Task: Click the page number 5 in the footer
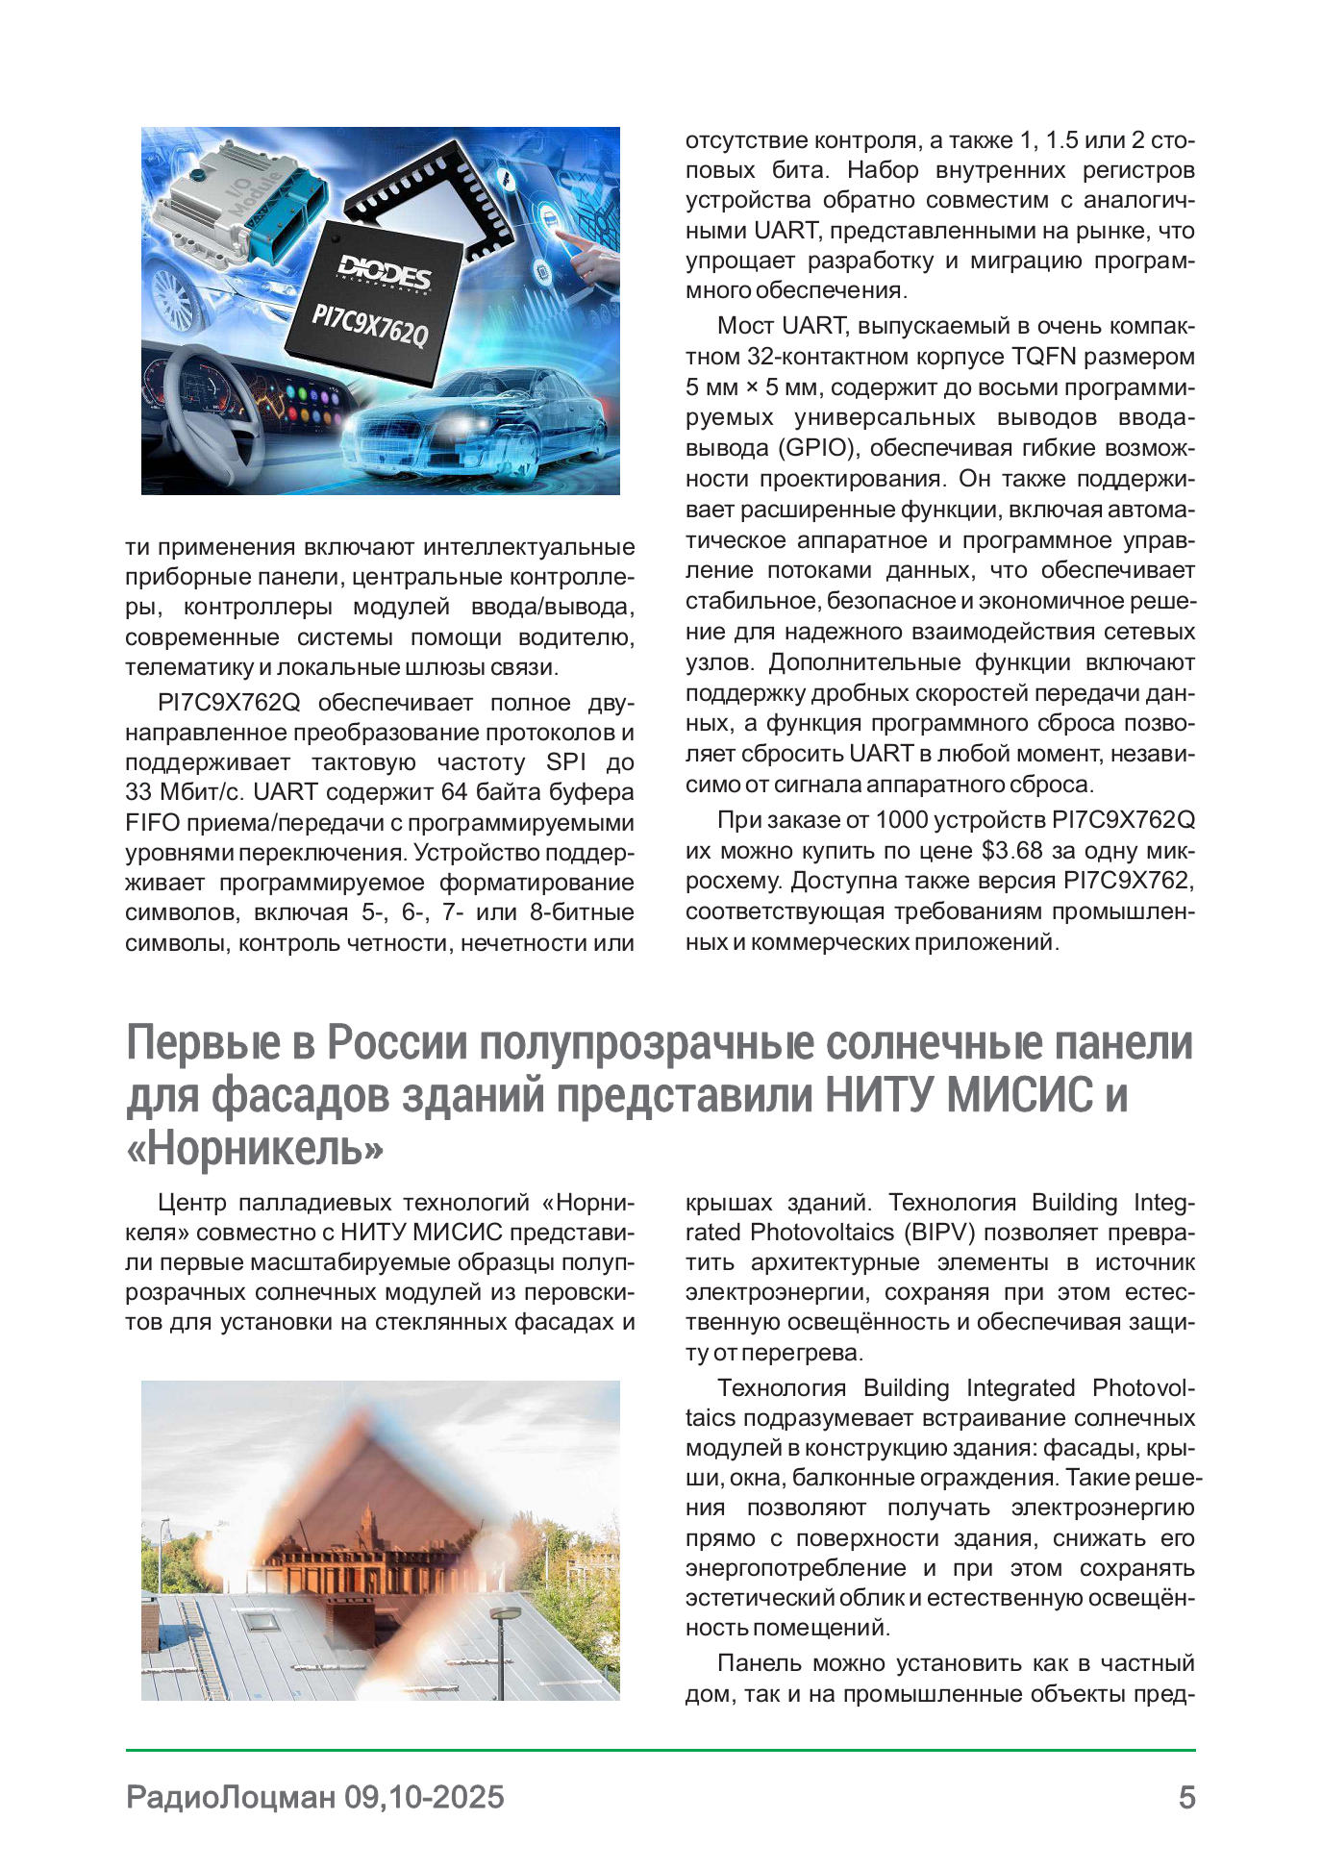pyautogui.click(x=1186, y=1797)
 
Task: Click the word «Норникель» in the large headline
pyautogui.click(x=256, y=1147)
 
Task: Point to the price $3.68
pyautogui.click(x=1011, y=851)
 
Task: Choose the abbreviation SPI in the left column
pyautogui.click(x=565, y=762)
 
